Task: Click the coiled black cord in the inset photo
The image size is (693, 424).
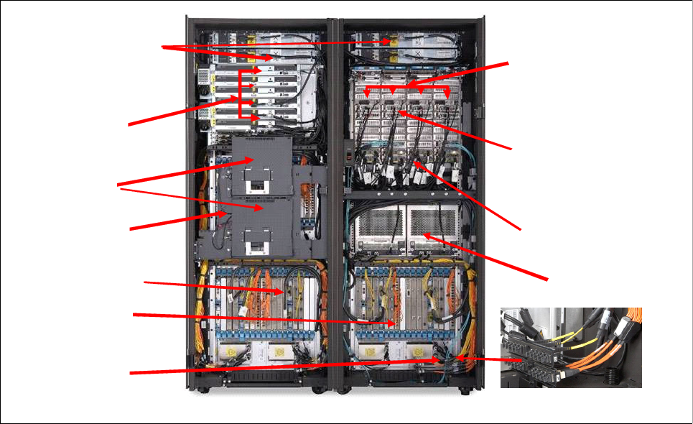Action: pyautogui.click(x=612, y=374)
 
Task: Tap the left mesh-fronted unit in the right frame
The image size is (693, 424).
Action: pyautogui.click(x=378, y=229)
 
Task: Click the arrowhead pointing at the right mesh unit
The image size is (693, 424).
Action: pyautogui.click(x=425, y=234)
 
